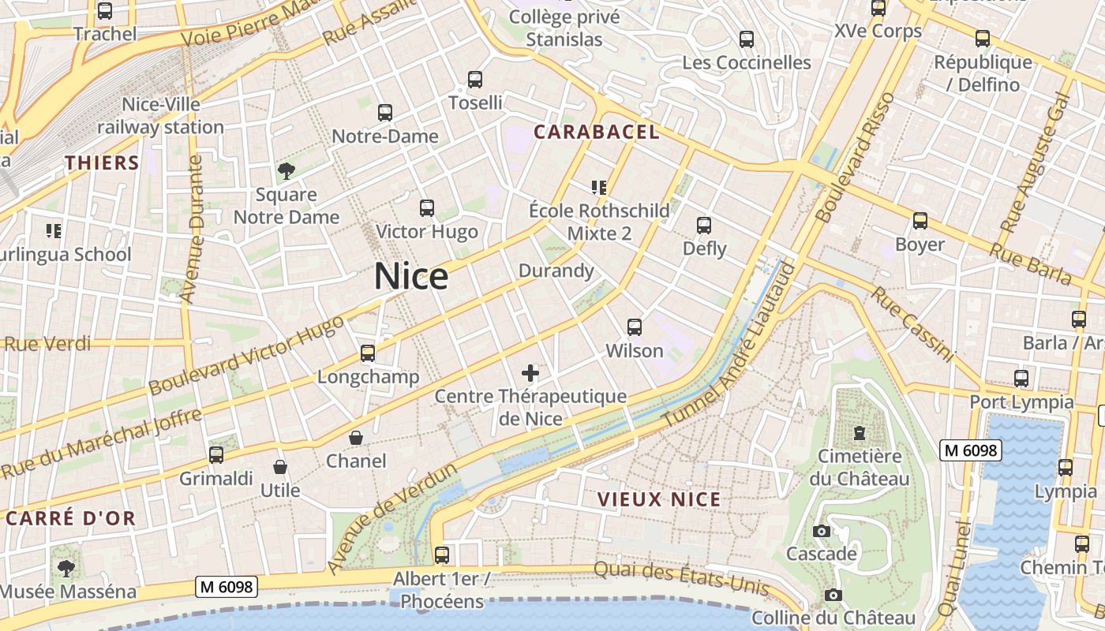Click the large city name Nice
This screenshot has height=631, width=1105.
(x=410, y=277)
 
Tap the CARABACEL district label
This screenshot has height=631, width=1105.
(x=597, y=133)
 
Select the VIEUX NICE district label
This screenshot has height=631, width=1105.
(x=659, y=499)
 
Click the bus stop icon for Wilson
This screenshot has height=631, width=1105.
(x=635, y=327)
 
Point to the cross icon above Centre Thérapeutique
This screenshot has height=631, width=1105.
(x=530, y=373)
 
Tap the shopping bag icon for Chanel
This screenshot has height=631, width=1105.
(x=357, y=438)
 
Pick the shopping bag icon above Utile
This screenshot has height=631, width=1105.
(x=280, y=467)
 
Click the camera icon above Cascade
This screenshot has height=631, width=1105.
(x=822, y=531)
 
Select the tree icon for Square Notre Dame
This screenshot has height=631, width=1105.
(x=287, y=170)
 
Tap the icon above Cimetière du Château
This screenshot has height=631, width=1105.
(x=859, y=432)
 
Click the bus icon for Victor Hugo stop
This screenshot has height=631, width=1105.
(x=427, y=208)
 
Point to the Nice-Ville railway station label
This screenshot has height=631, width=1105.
(x=161, y=116)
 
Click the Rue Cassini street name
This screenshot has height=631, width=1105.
(x=912, y=324)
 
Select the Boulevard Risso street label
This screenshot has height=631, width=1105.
(x=856, y=157)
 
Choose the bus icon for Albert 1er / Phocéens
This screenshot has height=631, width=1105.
(x=442, y=554)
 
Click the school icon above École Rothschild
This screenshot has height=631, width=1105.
(x=599, y=187)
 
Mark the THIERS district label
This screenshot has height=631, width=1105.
(x=102, y=163)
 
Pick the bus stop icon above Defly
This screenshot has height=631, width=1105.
(x=704, y=226)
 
